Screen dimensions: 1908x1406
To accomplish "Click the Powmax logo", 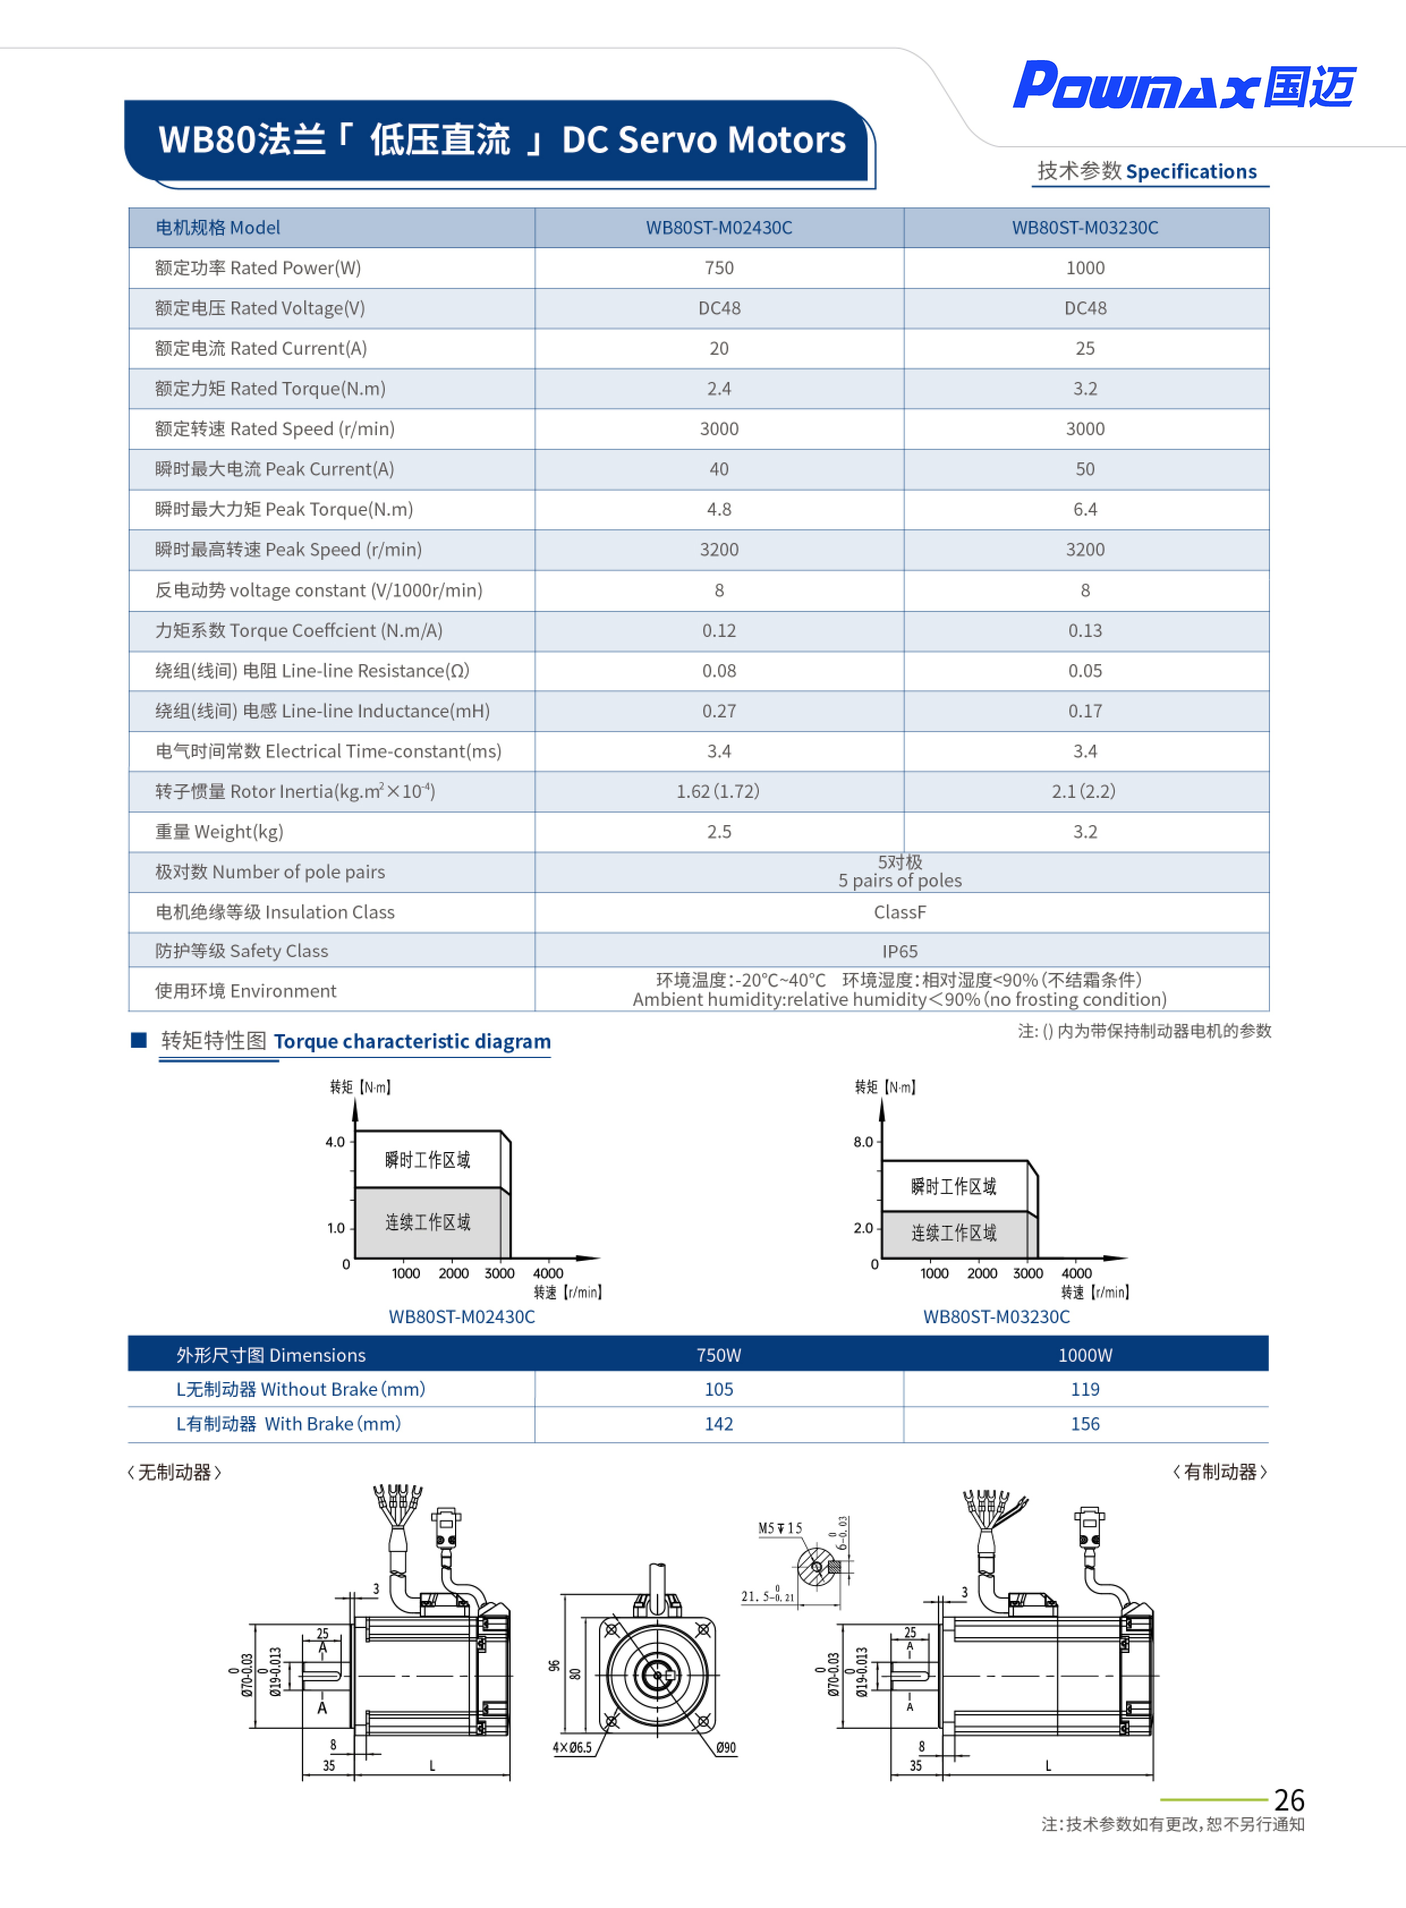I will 1183,87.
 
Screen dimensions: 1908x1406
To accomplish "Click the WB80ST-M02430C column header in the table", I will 719,228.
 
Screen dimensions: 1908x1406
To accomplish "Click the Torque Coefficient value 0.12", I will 719,631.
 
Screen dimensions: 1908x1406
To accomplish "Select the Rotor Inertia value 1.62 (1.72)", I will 717,792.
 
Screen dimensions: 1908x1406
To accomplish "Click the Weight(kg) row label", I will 219,831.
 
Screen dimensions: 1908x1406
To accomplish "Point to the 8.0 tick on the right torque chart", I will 863,1142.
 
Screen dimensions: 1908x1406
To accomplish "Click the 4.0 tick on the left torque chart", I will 335,1142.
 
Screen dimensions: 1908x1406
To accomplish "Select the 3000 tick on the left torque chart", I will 500,1273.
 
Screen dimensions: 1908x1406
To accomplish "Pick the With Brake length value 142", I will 719,1423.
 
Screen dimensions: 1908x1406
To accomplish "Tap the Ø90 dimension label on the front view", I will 725,1747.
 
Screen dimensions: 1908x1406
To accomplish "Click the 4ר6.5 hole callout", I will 572,1747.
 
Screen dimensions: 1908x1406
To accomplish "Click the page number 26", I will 1289,1800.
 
